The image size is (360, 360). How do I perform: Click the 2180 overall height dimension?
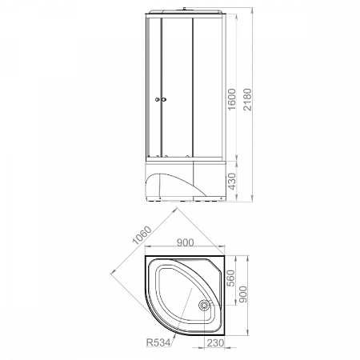pos(247,99)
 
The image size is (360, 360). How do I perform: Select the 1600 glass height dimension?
pos(232,99)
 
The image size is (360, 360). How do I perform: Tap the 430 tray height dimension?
pos(232,182)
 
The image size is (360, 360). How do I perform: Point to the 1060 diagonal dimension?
pos(142,235)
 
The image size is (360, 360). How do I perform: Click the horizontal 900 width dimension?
pos(186,242)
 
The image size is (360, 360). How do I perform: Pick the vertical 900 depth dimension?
pos(242,294)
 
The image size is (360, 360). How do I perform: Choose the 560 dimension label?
pos(231,278)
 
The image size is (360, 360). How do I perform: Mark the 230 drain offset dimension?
pos(216,342)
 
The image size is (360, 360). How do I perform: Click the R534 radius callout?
pos(158,342)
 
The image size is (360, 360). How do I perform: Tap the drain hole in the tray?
pos(204,305)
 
